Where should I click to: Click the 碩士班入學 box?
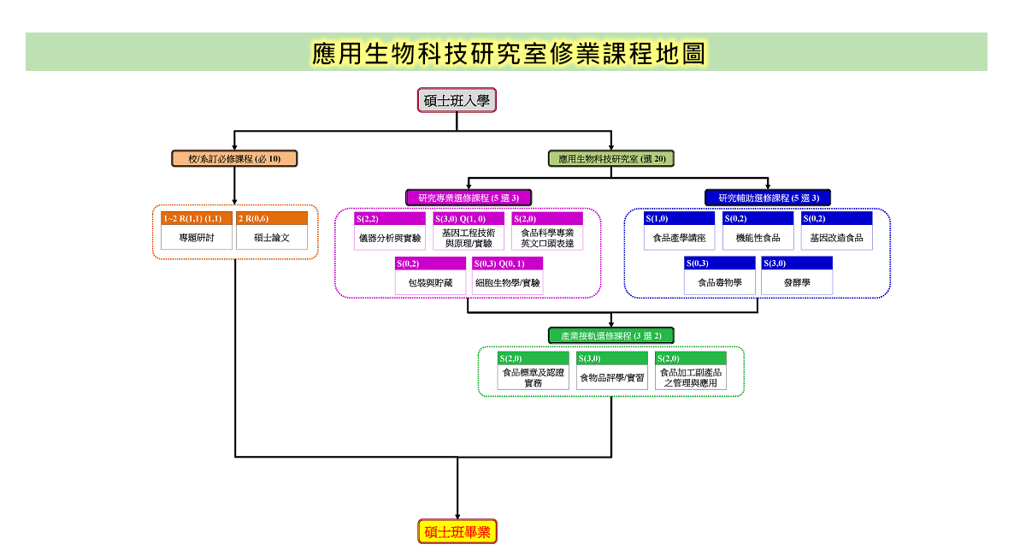(x=457, y=100)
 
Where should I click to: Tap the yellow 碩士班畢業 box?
(x=457, y=531)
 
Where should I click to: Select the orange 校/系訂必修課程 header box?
(x=234, y=158)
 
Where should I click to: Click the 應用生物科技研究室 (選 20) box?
(x=611, y=158)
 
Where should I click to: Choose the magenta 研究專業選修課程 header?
(x=469, y=198)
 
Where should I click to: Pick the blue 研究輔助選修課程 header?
(x=768, y=198)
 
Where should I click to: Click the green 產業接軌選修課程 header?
(x=611, y=335)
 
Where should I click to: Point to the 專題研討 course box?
(x=197, y=231)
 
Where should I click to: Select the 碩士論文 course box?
(x=272, y=231)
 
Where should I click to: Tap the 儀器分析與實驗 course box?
(x=390, y=231)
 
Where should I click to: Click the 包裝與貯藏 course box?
(x=430, y=275)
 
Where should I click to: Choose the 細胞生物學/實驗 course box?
(x=508, y=275)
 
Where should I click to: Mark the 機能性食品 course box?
(x=758, y=231)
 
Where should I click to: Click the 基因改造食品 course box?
(x=837, y=231)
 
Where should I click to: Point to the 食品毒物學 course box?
(x=720, y=275)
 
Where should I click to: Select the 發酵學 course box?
(x=797, y=275)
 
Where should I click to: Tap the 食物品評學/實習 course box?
(x=612, y=370)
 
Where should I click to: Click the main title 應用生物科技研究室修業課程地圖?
(x=509, y=53)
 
